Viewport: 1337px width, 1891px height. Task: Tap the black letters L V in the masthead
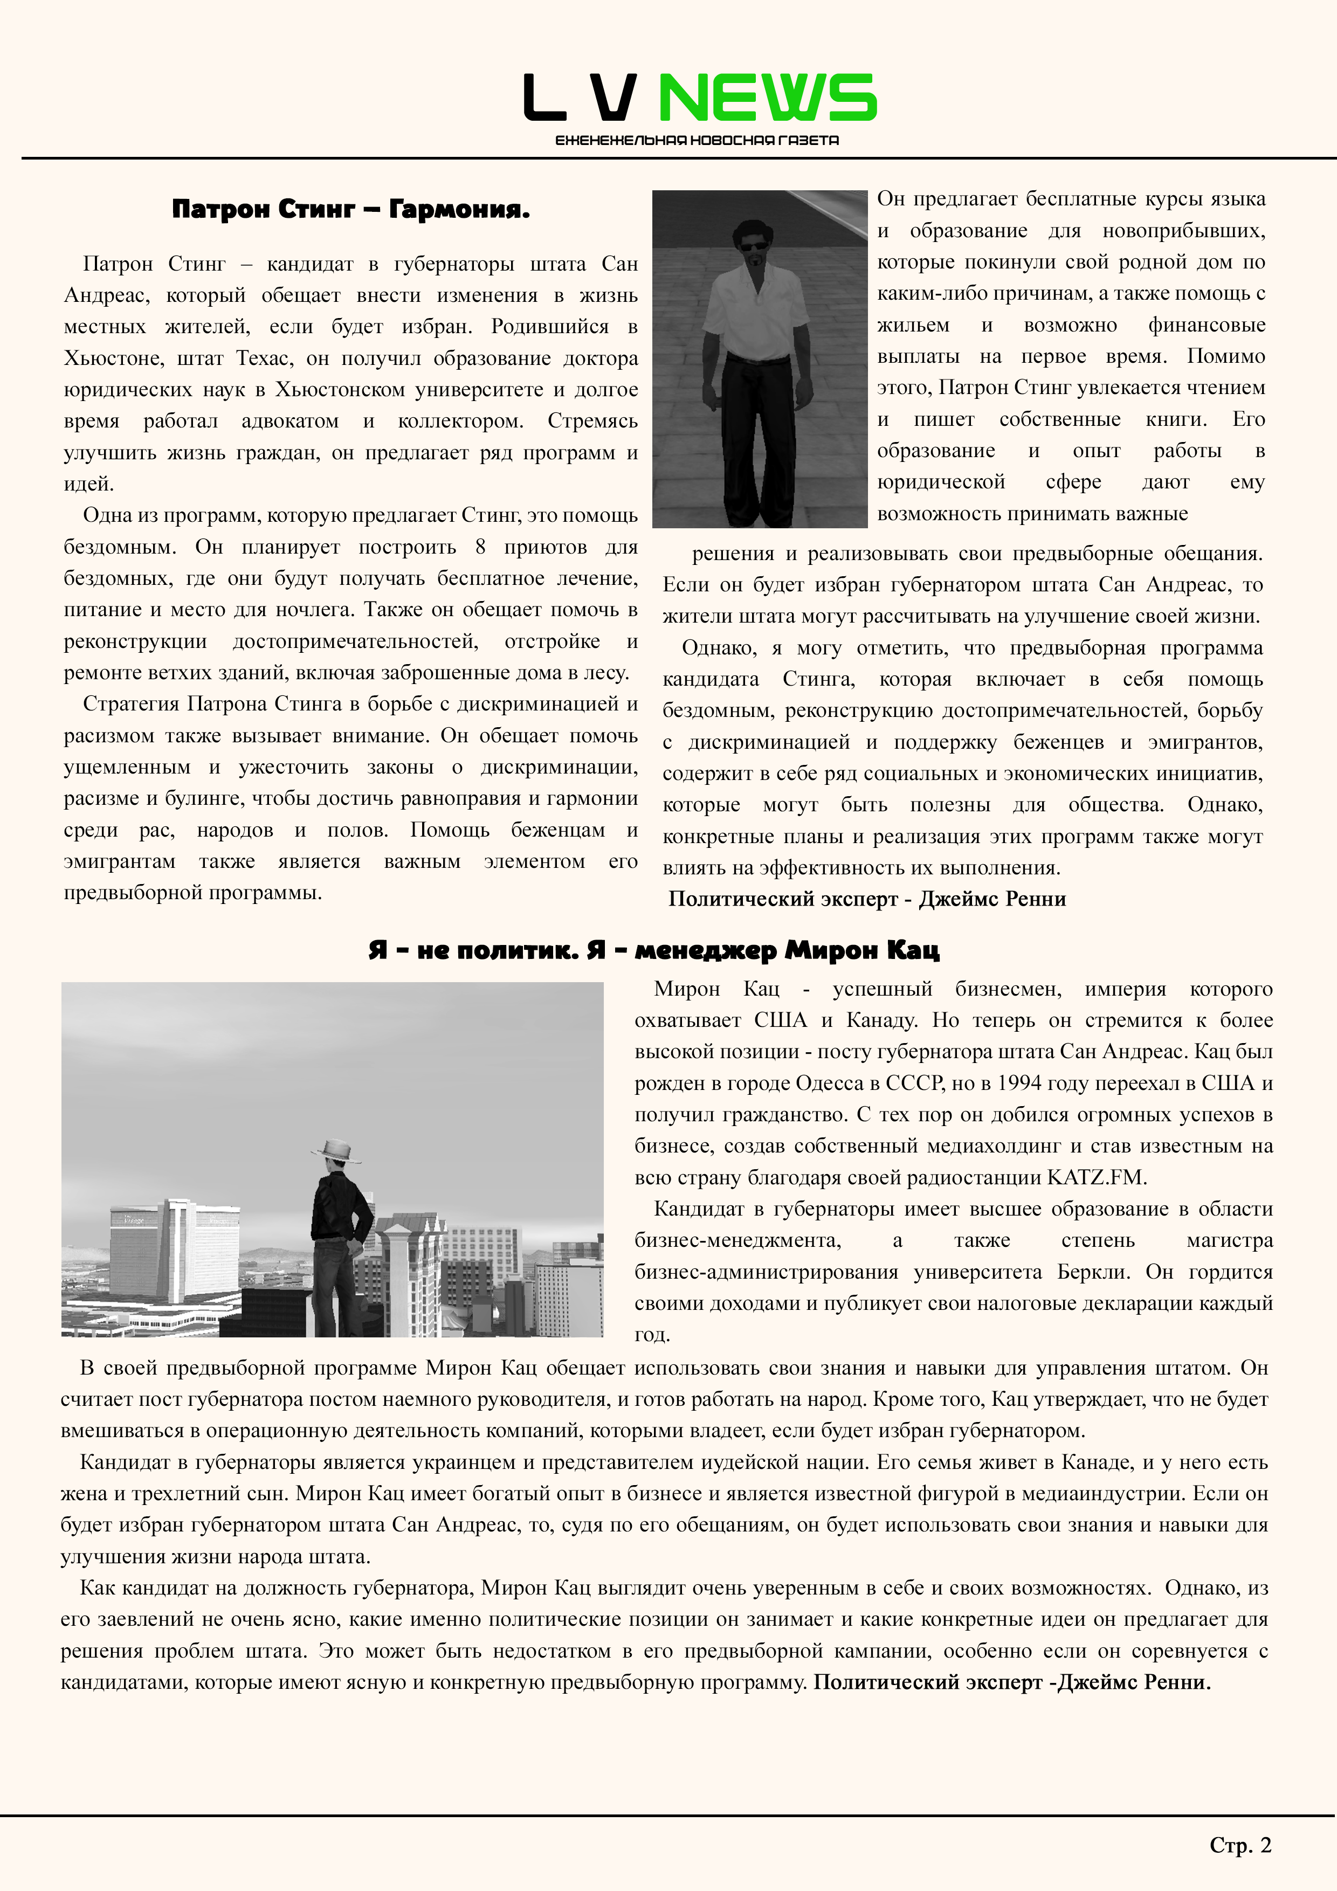click(x=581, y=97)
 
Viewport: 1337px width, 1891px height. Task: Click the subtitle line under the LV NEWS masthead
click(x=697, y=141)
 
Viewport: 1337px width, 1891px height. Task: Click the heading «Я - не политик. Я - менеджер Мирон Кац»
click(x=653, y=950)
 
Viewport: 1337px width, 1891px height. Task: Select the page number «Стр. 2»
click(x=1240, y=1846)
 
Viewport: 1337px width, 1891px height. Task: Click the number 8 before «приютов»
click(x=480, y=548)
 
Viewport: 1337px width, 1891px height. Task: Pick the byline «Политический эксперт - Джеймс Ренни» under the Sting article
click(x=866, y=899)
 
